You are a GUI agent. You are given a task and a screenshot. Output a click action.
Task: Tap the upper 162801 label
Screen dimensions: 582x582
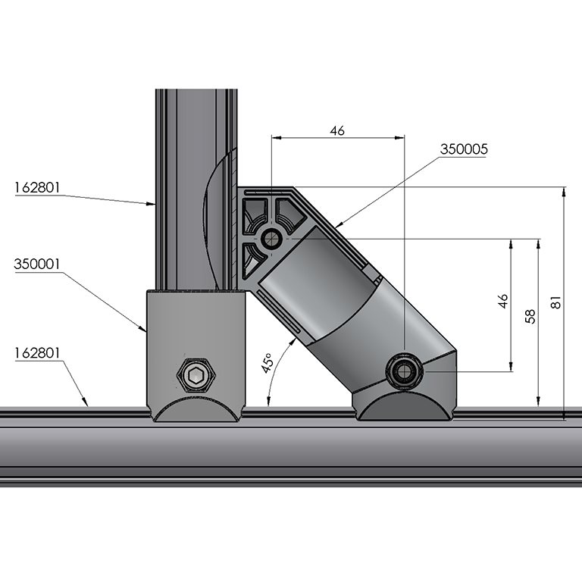point(36,186)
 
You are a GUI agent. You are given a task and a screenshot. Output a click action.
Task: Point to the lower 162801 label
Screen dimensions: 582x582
point(36,352)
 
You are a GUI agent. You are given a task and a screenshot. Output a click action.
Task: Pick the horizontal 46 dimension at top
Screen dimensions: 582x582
point(337,131)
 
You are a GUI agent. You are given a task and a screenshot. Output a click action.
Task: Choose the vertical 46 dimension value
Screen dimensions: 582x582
point(502,302)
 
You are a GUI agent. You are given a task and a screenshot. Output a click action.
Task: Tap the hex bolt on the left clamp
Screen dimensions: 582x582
point(196,374)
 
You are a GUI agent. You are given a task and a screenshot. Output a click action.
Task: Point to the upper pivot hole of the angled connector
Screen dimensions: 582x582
point(271,239)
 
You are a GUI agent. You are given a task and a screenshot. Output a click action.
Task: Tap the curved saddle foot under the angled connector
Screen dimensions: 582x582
point(405,407)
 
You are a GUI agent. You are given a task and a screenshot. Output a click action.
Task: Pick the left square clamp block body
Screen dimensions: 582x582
point(196,333)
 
